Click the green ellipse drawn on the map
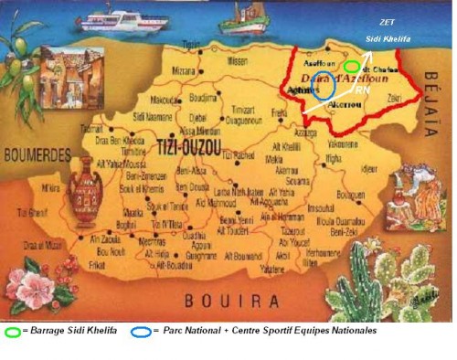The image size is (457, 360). [x=352, y=66]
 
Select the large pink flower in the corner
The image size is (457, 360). [x=34, y=291]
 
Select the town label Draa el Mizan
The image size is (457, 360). [x=43, y=244]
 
